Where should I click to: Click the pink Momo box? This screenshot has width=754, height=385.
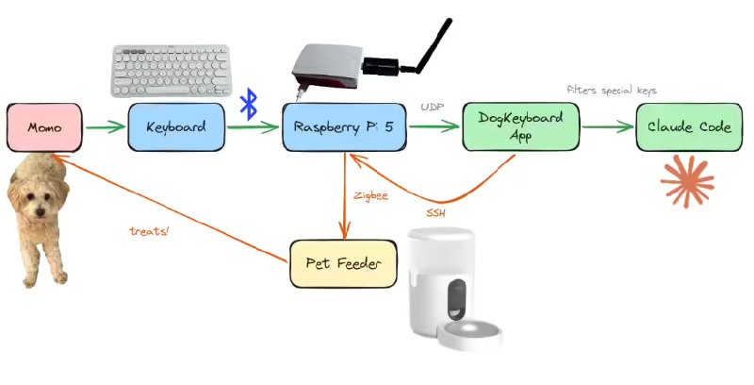tap(44, 126)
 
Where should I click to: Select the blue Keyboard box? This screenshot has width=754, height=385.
tap(176, 126)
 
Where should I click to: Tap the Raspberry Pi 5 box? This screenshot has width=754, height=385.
tap(345, 126)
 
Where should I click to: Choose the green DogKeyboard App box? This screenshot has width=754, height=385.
tap(521, 126)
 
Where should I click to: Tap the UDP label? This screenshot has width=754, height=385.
tap(433, 108)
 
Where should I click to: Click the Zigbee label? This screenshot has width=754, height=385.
tap(371, 195)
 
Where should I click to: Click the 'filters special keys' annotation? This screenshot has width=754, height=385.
tap(611, 91)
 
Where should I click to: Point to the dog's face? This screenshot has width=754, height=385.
tap(39, 199)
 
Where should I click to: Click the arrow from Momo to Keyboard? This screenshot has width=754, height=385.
tap(105, 127)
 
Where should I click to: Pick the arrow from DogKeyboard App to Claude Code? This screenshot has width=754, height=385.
tap(607, 127)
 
